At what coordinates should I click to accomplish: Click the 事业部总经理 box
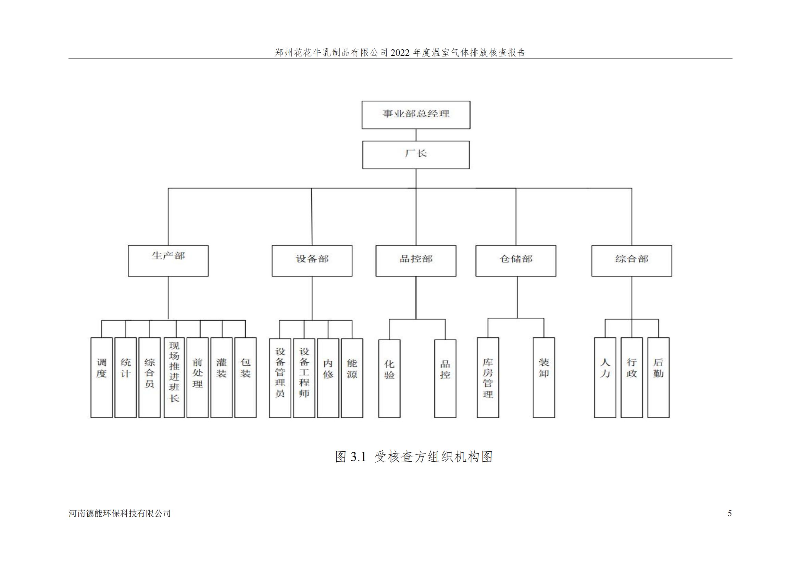point(416,115)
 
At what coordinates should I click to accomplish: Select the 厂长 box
point(416,155)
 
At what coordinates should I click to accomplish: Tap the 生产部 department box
point(168,261)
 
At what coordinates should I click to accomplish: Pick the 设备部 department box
point(312,261)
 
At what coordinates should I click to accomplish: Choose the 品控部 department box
point(416,261)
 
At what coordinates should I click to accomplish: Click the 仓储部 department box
point(516,261)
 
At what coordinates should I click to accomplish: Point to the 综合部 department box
point(631,261)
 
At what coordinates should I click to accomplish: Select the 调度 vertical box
point(101,377)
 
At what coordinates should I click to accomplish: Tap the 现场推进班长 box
point(174,377)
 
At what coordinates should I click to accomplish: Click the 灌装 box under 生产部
point(222,377)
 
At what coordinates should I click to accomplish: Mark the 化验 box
point(389,379)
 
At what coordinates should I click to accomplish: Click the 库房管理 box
point(488,377)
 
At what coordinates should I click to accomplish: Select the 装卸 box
point(544,377)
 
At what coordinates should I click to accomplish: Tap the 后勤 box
point(658,377)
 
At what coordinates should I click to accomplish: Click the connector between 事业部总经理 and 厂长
point(416,135)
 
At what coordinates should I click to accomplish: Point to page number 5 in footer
point(729,513)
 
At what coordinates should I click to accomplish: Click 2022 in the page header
point(401,53)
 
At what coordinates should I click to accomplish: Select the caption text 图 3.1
point(351,456)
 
